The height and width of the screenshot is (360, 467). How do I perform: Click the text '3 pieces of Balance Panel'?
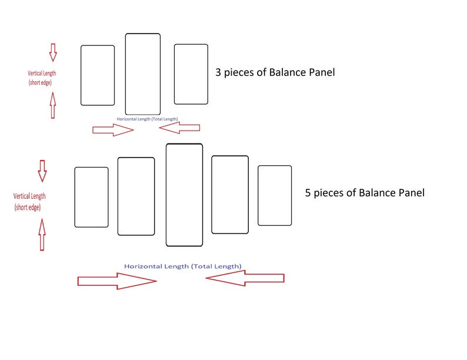275,72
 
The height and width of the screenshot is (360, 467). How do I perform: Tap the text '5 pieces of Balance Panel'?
365,193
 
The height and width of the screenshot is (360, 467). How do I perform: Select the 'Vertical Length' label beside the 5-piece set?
29,196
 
